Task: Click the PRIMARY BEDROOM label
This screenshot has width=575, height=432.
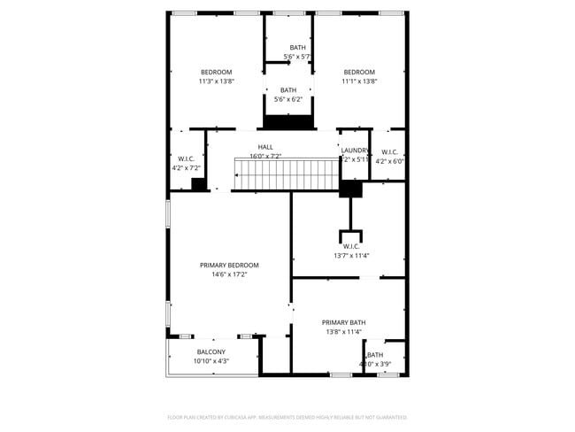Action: (229, 266)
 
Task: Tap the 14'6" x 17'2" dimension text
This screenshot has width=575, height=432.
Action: (229, 275)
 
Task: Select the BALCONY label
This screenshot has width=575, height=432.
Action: (211, 351)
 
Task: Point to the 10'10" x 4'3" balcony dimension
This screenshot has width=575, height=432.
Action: (211, 361)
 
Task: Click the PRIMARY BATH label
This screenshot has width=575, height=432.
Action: (343, 322)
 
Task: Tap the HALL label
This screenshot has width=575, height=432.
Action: (265, 147)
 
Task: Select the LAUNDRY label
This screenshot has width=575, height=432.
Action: (355, 150)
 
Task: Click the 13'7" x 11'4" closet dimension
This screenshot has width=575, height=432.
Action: (350, 256)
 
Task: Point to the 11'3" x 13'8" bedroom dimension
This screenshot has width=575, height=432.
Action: (216, 81)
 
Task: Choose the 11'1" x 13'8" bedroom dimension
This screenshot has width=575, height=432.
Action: (359, 81)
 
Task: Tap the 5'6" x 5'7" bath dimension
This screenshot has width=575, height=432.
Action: (297, 57)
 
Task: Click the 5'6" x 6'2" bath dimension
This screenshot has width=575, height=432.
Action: (288, 99)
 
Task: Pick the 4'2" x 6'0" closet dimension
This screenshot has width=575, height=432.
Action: (389, 161)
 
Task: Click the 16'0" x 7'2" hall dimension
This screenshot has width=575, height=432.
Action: (265, 157)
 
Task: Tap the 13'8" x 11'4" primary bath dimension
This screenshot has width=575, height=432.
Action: (343, 332)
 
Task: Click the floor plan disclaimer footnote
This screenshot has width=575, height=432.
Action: (287, 417)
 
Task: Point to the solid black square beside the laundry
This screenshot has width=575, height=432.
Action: (351, 189)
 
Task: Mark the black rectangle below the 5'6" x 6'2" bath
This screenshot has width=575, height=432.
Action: (289, 122)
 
